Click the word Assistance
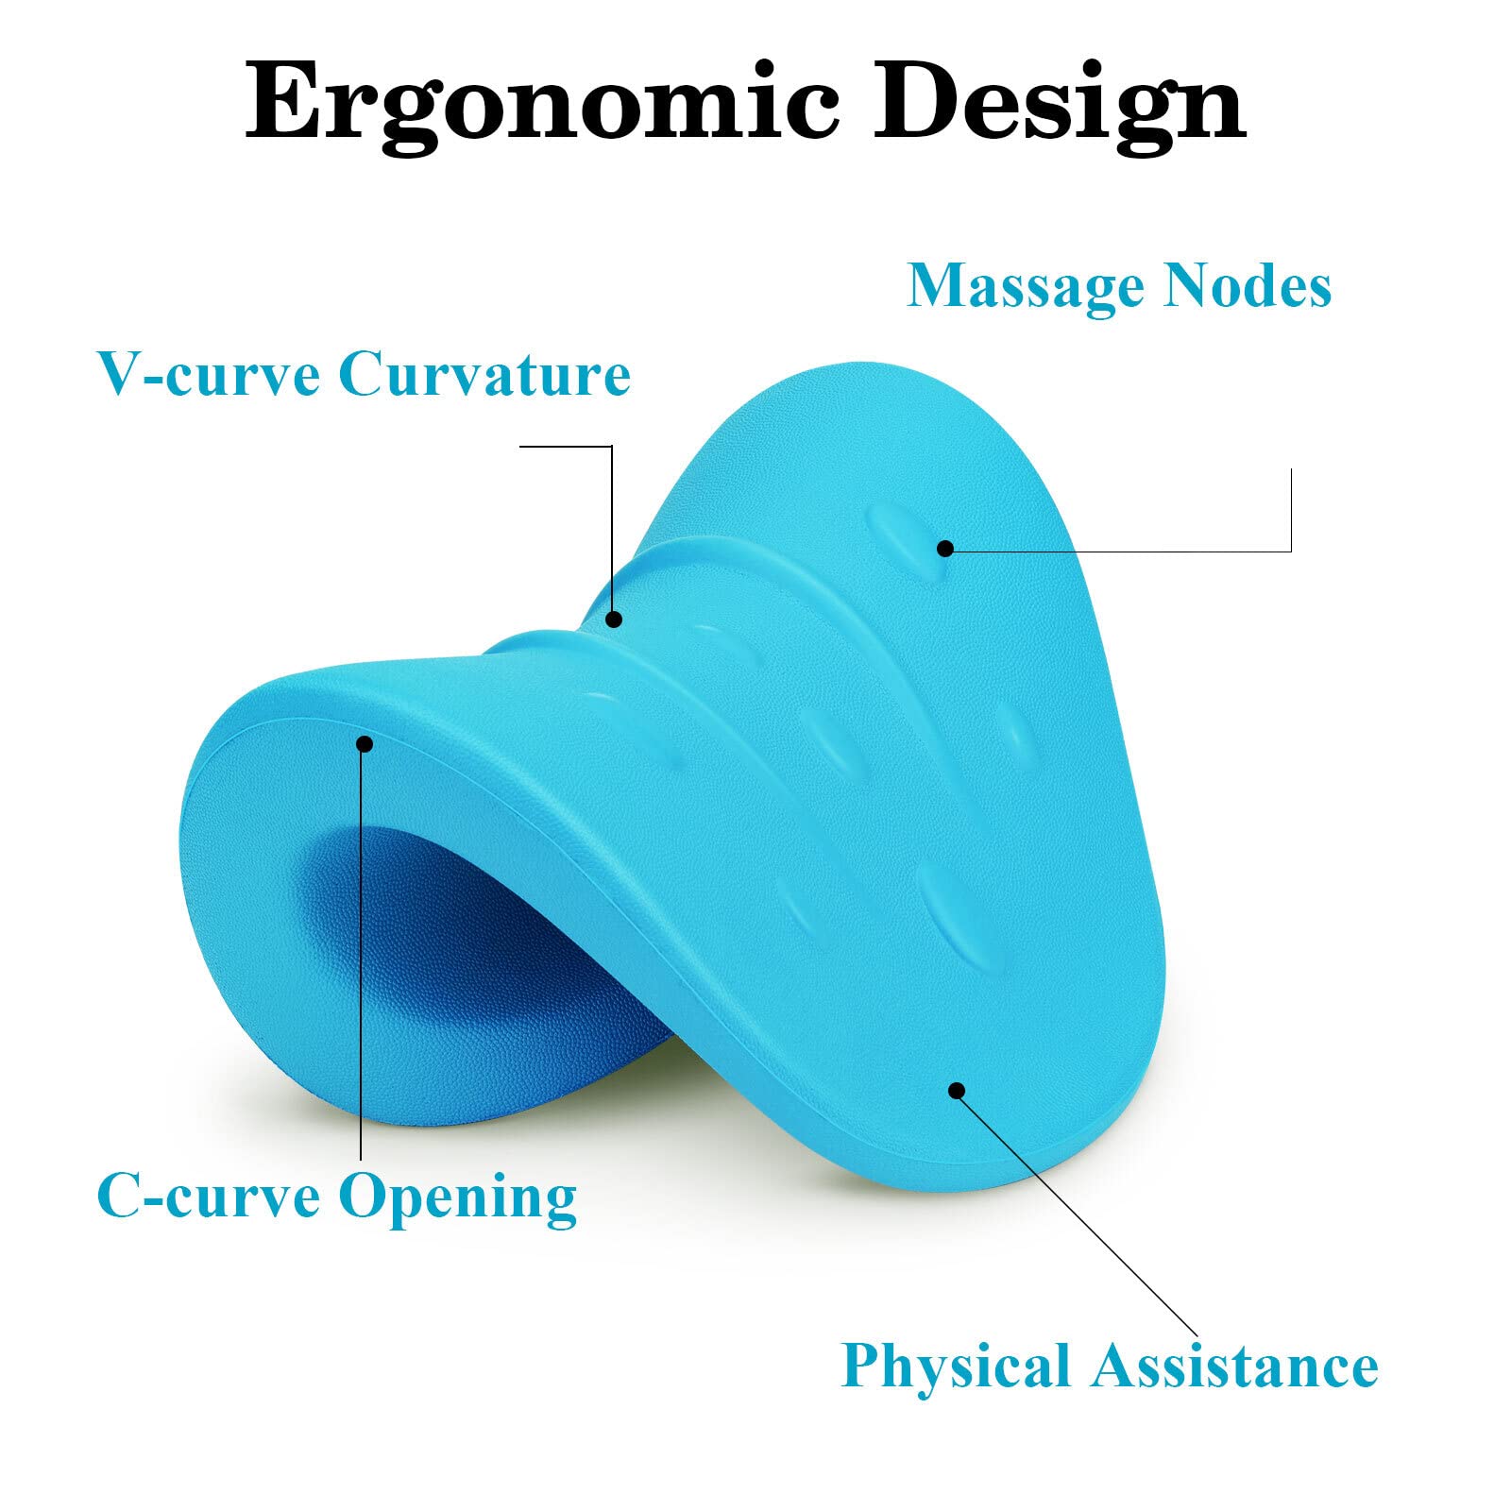point(1235,1366)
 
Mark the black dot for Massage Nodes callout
point(945,548)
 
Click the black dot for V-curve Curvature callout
point(614,620)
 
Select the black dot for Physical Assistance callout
point(957,1091)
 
